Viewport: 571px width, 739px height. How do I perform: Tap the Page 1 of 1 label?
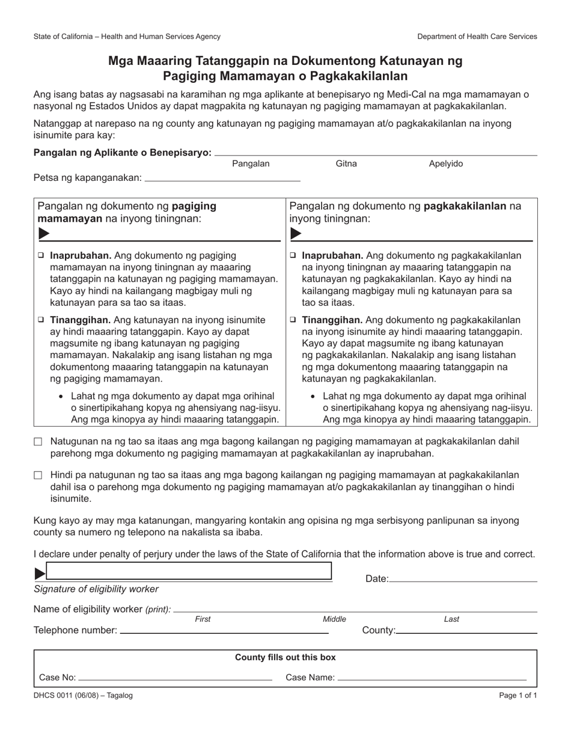pyautogui.click(x=518, y=695)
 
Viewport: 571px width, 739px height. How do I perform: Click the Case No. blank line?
pyautogui.click(x=174, y=677)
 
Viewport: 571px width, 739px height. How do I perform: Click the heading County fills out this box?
pyautogui.click(x=285, y=657)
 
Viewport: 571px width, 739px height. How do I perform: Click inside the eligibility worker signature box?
pyautogui.click(x=189, y=571)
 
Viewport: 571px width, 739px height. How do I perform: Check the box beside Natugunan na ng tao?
pyautogui.click(x=38, y=442)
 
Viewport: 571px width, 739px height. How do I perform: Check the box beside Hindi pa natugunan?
pyautogui.click(x=38, y=475)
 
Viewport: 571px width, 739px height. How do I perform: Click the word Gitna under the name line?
pyautogui.click(x=346, y=163)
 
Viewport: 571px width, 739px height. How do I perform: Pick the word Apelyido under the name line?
pyautogui.click(x=445, y=163)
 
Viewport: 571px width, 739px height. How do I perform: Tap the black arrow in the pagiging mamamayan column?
pyautogui.click(x=44, y=233)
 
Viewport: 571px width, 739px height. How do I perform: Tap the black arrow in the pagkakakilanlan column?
pyautogui.click(x=296, y=233)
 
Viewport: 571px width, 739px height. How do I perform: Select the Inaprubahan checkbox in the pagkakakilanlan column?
pyautogui.click(x=293, y=255)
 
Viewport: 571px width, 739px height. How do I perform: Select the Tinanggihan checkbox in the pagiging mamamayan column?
pyautogui.click(x=41, y=320)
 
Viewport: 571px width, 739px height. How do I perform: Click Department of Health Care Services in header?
pyautogui.click(x=477, y=37)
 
